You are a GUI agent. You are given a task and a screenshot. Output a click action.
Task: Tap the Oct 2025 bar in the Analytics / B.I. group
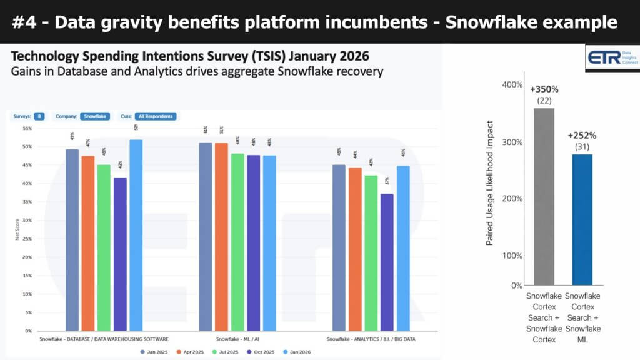pyautogui.click(x=387, y=262)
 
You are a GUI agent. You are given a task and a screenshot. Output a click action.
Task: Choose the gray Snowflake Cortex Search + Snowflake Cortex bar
pyautogui.click(x=544, y=197)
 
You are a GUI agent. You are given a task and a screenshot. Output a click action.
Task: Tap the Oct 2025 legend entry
pyautogui.click(x=264, y=352)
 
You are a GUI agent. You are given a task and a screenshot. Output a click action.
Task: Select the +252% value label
pyautogui.click(x=582, y=135)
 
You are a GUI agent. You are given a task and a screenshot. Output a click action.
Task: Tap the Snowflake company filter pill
pyautogui.click(x=96, y=116)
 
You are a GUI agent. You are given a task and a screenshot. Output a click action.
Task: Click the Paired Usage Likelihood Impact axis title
pyautogui.click(x=491, y=182)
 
